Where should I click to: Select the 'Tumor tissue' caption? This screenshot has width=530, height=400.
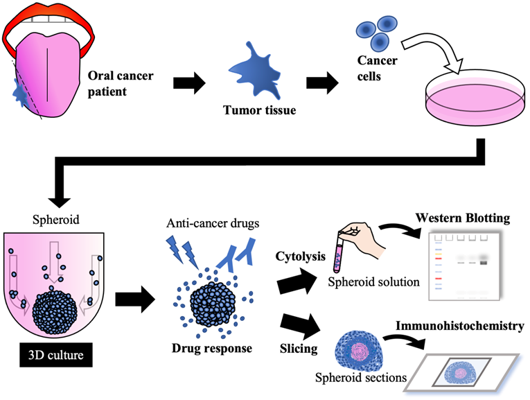point(251,109)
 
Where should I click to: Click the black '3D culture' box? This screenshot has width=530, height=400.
point(53,359)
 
